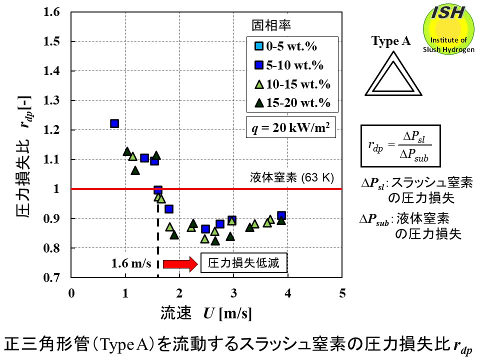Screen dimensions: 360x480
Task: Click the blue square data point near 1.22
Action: pyautogui.click(x=114, y=123)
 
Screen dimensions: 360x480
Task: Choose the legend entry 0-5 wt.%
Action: pyautogui.click(x=285, y=47)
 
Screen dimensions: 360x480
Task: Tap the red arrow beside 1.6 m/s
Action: pyautogui.click(x=179, y=263)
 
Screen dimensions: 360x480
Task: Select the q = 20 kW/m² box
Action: pyautogui.click(x=290, y=126)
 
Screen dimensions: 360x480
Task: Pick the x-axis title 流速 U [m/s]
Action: pyautogui.click(x=205, y=313)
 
